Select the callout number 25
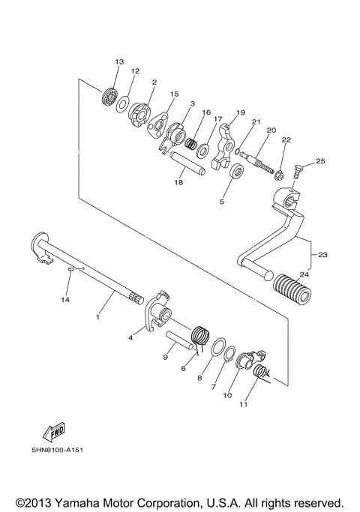(x=320, y=161)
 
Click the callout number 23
(x=322, y=255)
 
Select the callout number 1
(x=97, y=318)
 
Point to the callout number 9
(x=165, y=357)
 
